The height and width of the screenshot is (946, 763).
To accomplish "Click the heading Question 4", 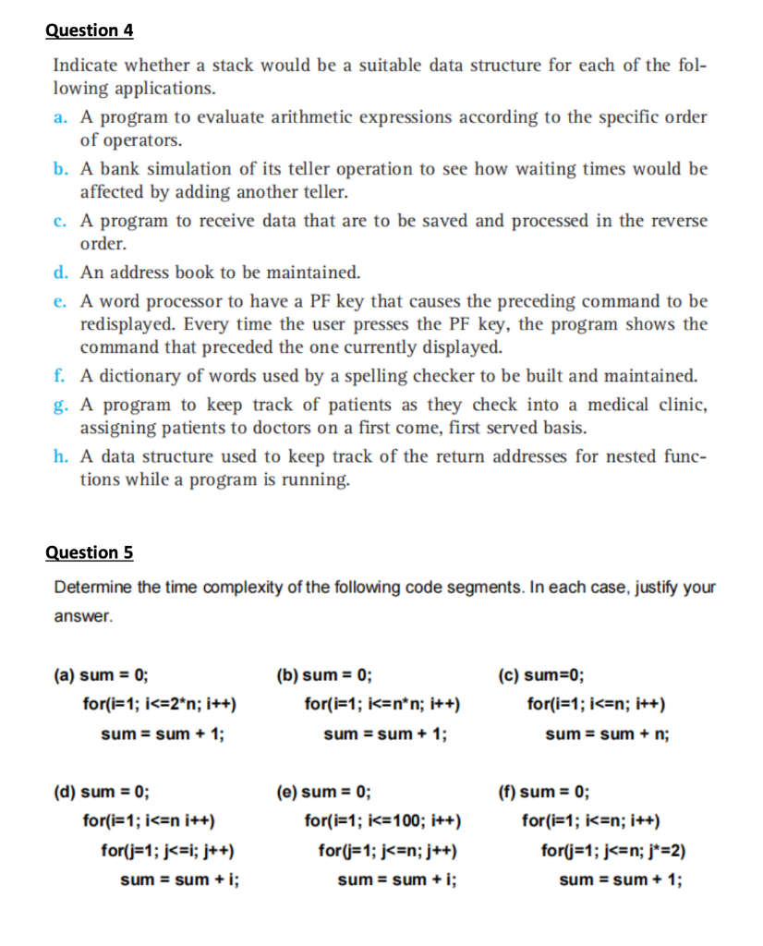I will click(x=90, y=30).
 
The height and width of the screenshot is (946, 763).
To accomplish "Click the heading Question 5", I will click(x=90, y=553).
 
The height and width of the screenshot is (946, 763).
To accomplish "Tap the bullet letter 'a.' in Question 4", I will click(x=61, y=118).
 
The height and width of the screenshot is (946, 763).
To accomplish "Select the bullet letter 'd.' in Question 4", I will click(x=61, y=273).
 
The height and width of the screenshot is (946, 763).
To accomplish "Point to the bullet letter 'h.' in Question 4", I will click(x=61, y=457).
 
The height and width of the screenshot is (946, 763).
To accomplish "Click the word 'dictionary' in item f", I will click(x=137, y=377).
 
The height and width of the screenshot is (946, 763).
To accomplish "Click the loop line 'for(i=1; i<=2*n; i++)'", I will click(x=160, y=705).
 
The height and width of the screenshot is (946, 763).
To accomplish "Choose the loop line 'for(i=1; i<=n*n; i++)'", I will click(x=382, y=705).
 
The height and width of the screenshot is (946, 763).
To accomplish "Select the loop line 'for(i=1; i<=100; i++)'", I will click(x=382, y=819).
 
